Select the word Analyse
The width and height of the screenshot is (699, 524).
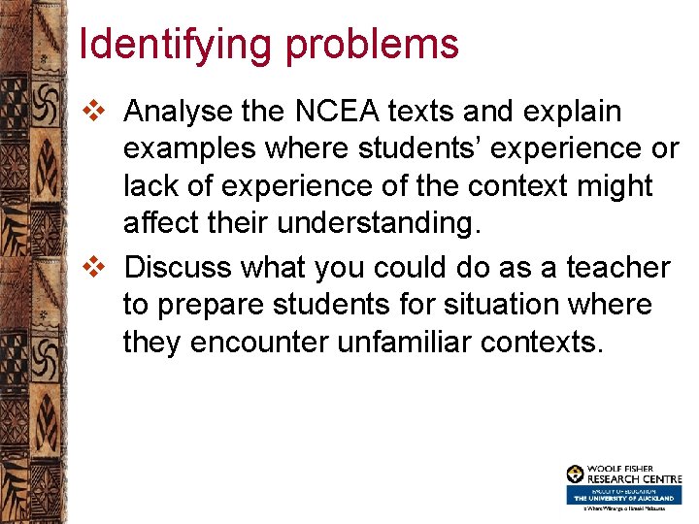click(x=179, y=113)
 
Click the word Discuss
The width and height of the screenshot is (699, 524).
click(x=180, y=267)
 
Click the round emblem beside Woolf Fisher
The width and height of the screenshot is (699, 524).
click(x=576, y=474)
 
